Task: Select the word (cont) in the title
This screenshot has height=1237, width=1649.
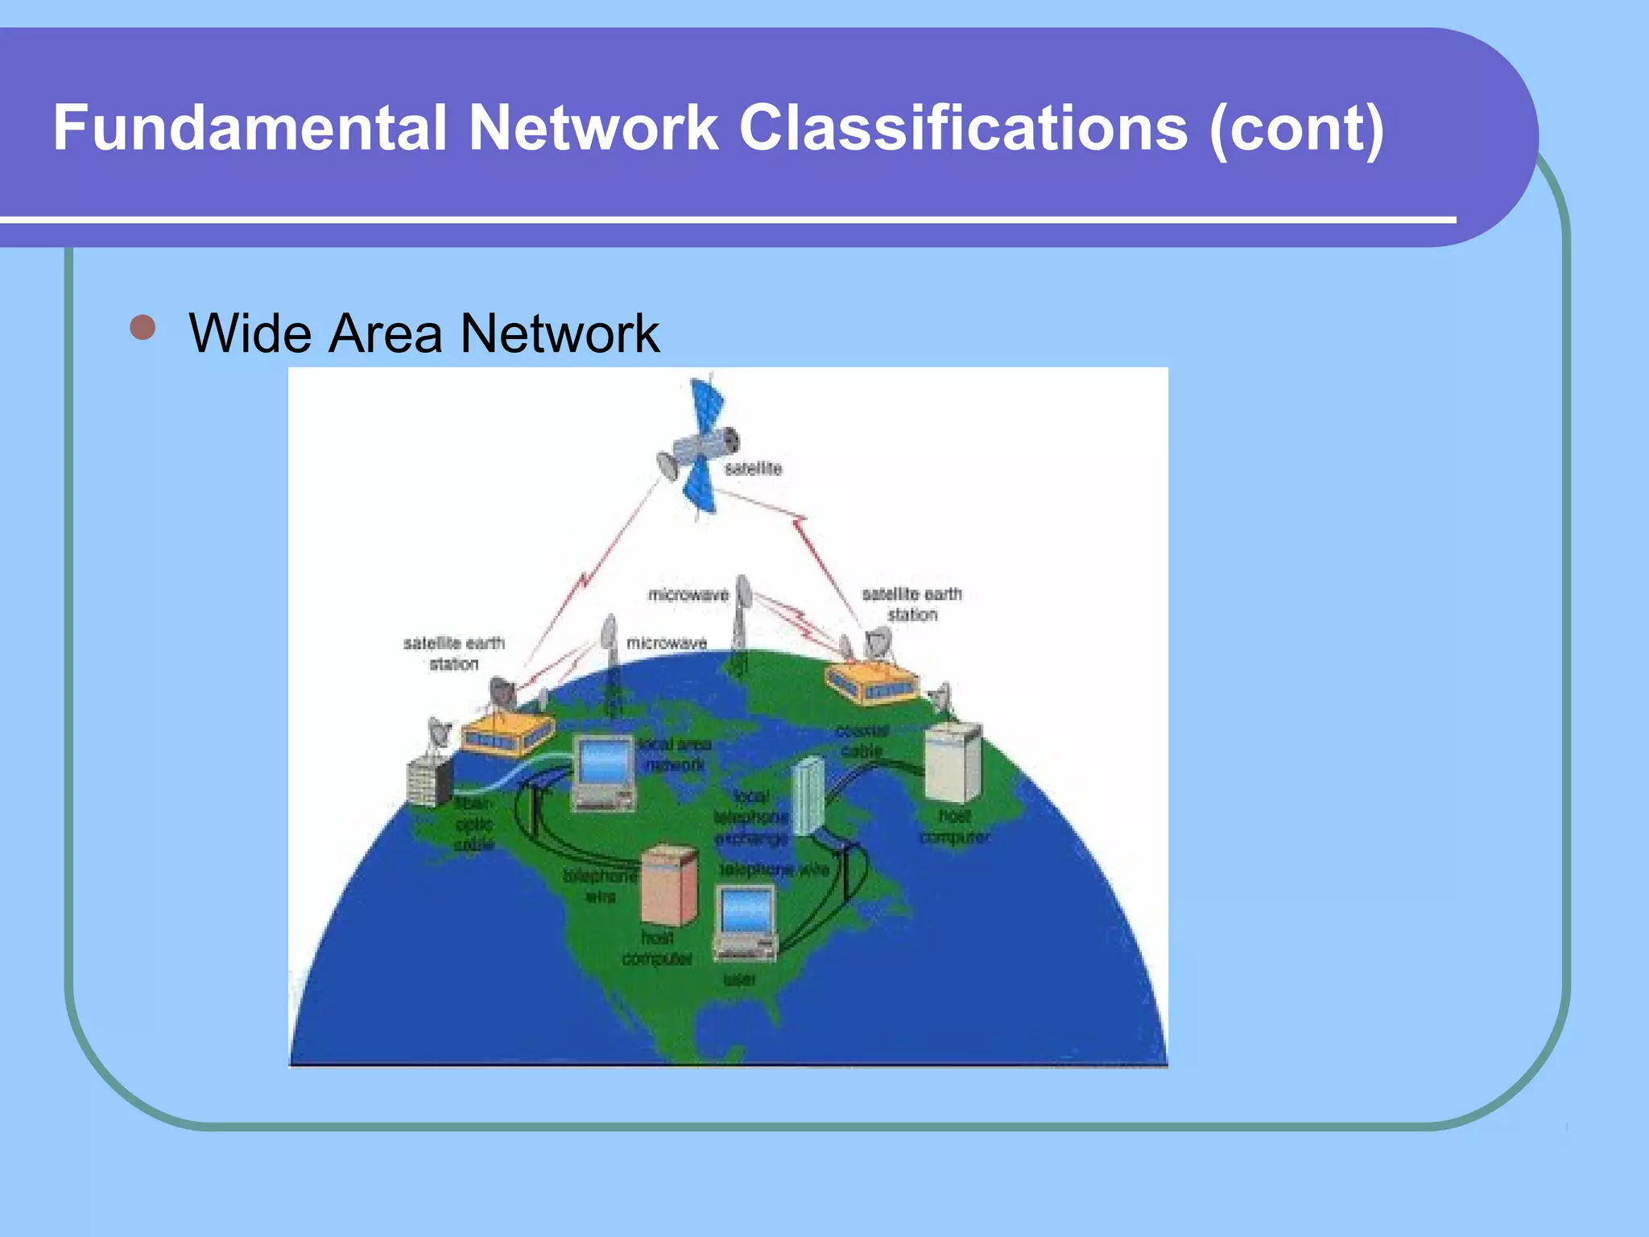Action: [1296, 129]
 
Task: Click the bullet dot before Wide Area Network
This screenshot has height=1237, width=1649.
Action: [143, 329]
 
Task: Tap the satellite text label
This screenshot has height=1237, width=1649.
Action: [753, 469]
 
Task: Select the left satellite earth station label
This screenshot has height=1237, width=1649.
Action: [454, 653]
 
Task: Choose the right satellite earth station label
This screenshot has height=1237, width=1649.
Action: [912, 604]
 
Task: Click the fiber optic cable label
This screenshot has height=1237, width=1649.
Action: [473, 824]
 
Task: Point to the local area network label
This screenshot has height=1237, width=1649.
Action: [675, 755]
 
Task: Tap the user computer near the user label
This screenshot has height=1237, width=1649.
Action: [746, 922]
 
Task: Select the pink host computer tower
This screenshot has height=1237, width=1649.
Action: [669, 884]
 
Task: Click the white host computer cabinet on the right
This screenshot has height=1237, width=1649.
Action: [953, 761]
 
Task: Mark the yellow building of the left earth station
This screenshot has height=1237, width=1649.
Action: [506, 734]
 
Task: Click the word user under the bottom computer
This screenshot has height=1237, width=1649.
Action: [740, 979]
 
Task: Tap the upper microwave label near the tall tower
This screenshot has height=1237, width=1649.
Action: [688, 595]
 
